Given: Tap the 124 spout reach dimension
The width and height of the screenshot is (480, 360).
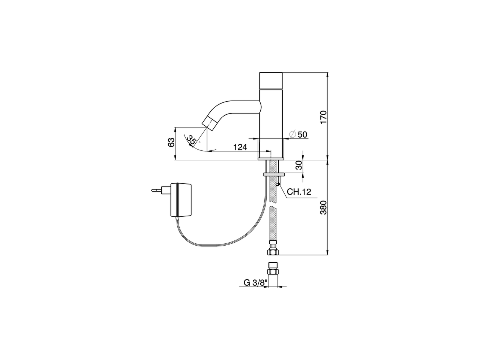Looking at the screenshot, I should (240, 147).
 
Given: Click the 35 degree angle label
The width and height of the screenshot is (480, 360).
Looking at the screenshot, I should (192, 141).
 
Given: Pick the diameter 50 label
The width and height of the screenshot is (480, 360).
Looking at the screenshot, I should (302, 134).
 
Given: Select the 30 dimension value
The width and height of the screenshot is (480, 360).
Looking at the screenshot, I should (299, 165).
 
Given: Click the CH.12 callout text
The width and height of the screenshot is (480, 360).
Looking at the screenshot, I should (299, 192).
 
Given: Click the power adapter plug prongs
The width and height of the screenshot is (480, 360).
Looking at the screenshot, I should (157, 190).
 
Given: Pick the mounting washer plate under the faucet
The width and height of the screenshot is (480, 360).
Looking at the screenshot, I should (274, 174).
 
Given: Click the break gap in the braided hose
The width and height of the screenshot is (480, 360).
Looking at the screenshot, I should (274, 207).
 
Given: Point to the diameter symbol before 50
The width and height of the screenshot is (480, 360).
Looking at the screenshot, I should (293, 134).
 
